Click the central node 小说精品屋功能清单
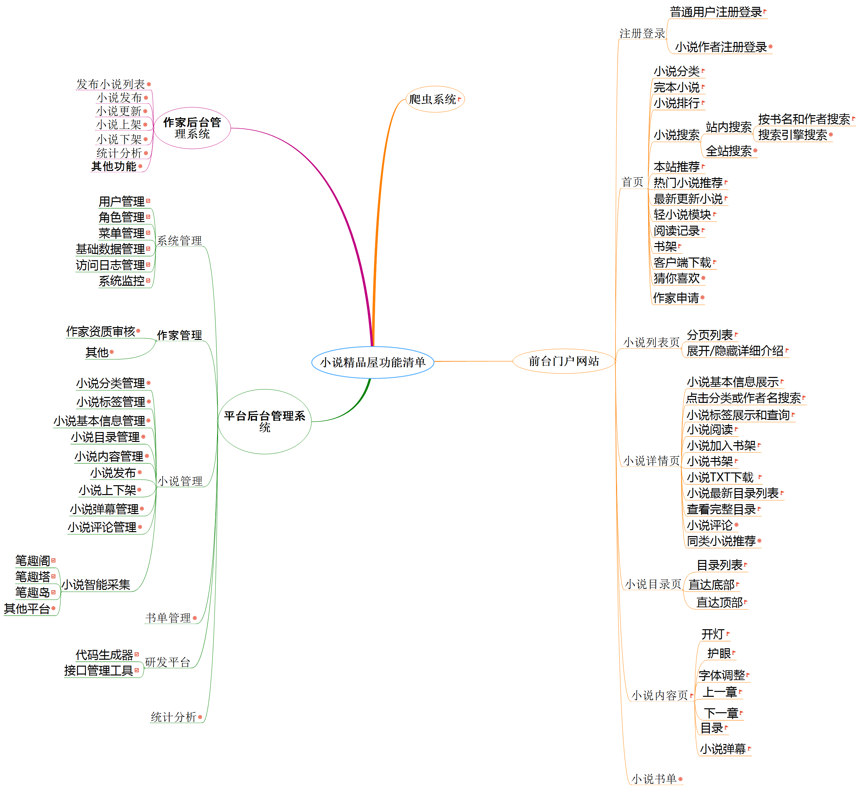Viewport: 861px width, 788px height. coord(373,363)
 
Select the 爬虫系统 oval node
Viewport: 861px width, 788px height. coord(435,99)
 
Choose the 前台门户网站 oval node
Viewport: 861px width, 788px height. coord(564,361)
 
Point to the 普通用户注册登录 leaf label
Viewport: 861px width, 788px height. coord(716,12)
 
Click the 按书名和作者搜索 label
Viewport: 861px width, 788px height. coord(804,119)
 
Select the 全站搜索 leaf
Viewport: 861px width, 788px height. coord(729,151)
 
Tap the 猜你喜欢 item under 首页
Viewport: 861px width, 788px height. coord(676,278)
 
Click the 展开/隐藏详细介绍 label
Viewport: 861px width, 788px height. coord(735,351)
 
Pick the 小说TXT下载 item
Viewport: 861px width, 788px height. coord(720,477)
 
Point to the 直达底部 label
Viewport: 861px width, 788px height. coord(711,584)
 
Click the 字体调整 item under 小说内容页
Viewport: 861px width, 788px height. coord(722,675)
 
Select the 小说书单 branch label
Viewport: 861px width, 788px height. coord(654,779)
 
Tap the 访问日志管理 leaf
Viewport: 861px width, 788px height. coord(110,265)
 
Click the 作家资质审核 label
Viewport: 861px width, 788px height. coord(100,331)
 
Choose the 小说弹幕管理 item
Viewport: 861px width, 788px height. coord(104,509)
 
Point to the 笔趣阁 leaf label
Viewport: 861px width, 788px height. coord(32,561)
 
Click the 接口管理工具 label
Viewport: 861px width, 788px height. coord(99,671)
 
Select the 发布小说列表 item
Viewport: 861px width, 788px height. coord(110,84)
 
